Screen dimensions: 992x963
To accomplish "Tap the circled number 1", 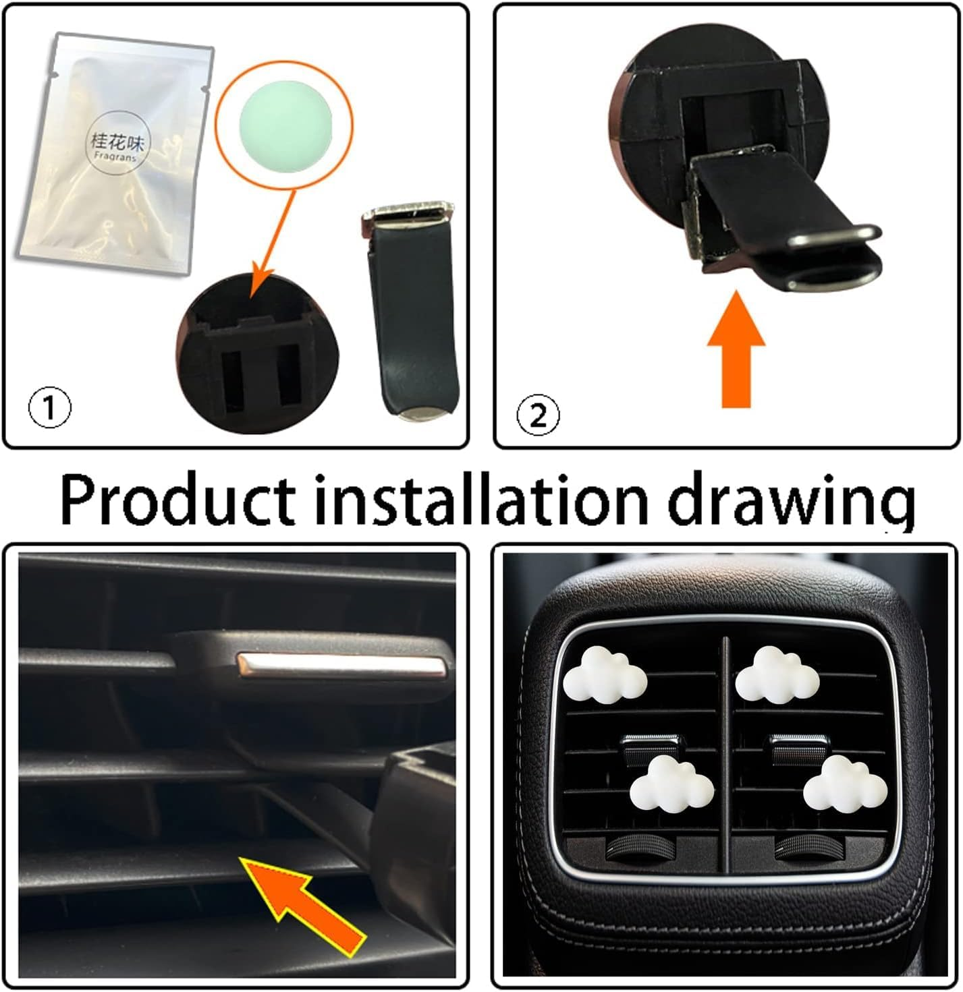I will tap(49, 409).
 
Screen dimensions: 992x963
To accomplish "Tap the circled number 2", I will tap(537, 415).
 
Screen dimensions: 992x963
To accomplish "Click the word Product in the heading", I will tap(177, 499).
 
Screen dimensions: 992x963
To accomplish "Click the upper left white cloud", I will tap(605, 674).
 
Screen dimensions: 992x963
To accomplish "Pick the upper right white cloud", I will tap(776, 674).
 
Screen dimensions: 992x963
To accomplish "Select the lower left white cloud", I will tap(671, 782).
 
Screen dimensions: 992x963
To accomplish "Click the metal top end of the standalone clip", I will tap(407, 212).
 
